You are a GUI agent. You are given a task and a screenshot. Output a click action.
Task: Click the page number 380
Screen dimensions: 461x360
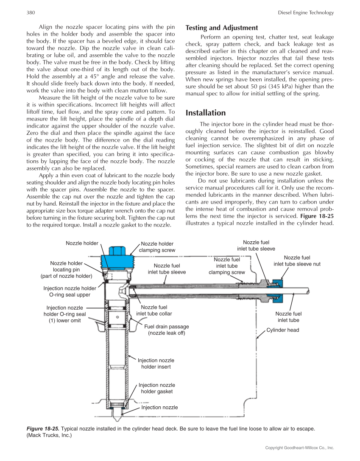coord(30,13)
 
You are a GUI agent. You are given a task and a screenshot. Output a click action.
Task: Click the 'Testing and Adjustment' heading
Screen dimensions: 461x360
coord(222,28)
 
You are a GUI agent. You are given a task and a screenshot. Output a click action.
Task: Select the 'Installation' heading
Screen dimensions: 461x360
coord(206,113)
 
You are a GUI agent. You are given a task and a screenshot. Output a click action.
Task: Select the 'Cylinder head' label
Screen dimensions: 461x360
coord(282,330)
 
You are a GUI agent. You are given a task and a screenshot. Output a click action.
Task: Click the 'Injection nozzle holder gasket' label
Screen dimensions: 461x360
coord(157,388)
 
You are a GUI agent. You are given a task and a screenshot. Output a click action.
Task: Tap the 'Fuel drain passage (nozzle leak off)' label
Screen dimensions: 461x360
coord(167,330)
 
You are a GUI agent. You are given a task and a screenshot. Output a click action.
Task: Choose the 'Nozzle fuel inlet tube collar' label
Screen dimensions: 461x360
coord(154,310)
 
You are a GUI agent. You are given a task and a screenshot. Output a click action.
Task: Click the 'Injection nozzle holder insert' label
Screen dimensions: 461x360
coord(156,363)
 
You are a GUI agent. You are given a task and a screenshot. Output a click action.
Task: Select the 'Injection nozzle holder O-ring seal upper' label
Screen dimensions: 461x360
coord(70,291)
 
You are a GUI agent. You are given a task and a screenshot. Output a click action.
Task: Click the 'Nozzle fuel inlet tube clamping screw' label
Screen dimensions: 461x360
coord(227,266)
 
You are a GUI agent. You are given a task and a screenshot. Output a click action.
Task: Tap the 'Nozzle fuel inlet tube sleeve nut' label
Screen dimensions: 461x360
coord(297,260)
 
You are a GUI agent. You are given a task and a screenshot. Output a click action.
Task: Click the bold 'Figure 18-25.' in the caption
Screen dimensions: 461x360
coord(42,428)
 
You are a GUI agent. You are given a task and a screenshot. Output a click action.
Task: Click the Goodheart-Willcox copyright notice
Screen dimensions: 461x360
coord(299,447)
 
